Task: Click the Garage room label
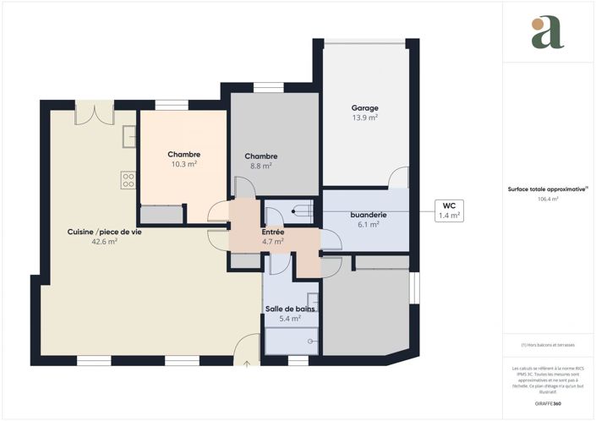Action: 364,107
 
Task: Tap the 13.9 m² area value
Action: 364,118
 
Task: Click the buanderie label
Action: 368,215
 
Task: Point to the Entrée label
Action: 272,232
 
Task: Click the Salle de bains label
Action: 291,309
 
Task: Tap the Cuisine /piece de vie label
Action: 105,232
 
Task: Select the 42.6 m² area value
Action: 105,242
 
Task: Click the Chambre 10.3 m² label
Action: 183,155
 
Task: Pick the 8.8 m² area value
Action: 261,167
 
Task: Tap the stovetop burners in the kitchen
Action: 129,179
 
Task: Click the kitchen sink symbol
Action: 129,135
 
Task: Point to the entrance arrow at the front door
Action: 247,365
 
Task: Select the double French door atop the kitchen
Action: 94,113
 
